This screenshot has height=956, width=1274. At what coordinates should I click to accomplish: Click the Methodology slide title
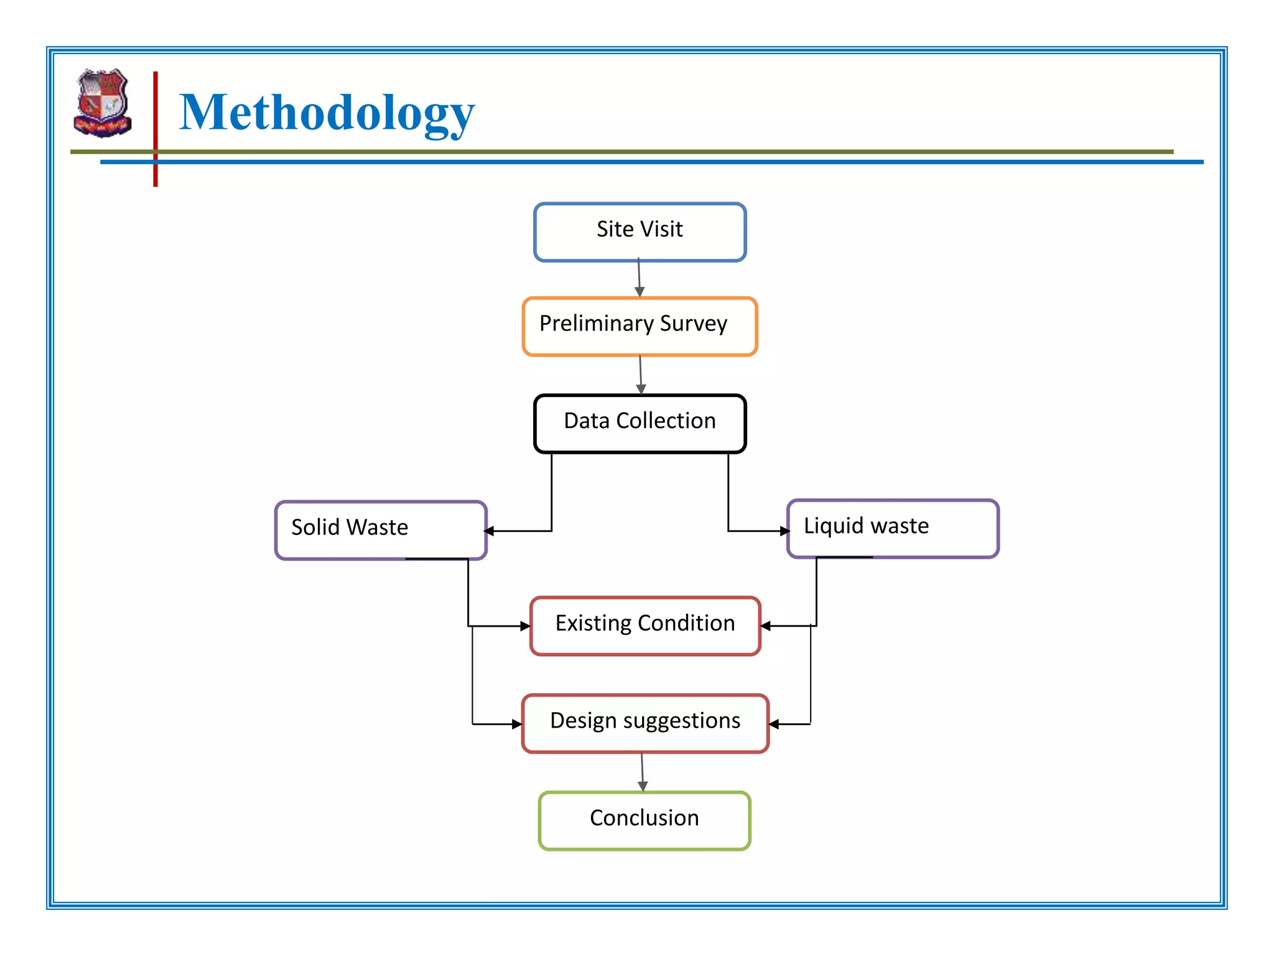click(327, 113)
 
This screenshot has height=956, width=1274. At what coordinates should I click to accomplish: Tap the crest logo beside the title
click(103, 103)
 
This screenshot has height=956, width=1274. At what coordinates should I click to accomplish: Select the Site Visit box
click(639, 232)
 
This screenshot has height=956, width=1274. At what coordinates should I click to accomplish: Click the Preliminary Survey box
click(639, 326)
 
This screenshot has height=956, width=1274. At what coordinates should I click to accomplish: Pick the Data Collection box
click(639, 423)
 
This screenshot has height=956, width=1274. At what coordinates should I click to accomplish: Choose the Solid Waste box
click(381, 530)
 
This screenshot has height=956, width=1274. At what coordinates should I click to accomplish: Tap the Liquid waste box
click(893, 528)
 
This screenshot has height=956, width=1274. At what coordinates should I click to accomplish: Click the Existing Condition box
click(645, 626)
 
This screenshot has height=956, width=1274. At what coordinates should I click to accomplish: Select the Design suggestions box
click(645, 723)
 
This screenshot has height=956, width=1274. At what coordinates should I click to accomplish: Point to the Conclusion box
click(644, 820)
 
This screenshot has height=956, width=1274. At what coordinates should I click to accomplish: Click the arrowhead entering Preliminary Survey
click(639, 292)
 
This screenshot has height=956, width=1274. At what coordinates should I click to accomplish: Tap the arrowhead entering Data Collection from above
click(641, 389)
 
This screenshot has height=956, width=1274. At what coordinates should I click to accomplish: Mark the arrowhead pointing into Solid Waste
click(490, 531)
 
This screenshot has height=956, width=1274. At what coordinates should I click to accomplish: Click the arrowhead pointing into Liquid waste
click(785, 531)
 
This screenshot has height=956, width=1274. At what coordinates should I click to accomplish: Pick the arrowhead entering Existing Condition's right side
click(766, 626)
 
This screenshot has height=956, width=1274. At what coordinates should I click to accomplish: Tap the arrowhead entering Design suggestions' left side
click(517, 724)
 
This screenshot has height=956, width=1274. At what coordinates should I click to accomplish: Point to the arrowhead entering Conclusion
click(643, 787)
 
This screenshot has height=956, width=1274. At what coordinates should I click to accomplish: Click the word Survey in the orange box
click(694, 324)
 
